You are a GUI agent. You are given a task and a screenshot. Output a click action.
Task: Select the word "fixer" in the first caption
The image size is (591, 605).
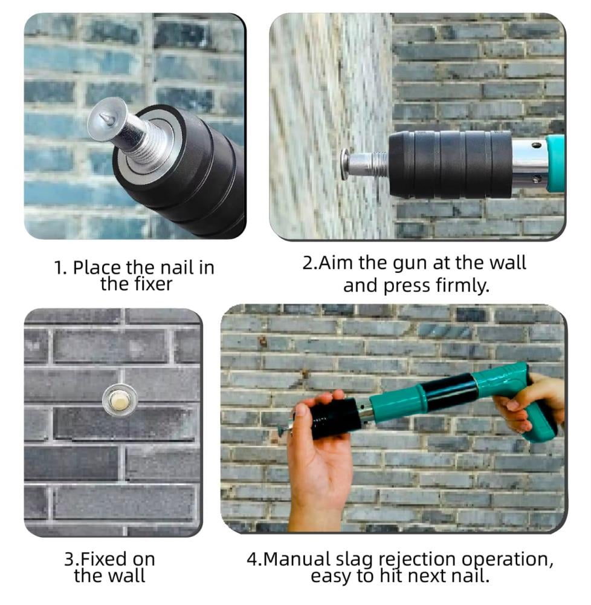153,284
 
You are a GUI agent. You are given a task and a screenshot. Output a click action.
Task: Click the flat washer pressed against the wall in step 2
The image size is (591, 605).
344,163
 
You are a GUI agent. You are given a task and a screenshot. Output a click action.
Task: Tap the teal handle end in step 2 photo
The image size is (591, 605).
555,163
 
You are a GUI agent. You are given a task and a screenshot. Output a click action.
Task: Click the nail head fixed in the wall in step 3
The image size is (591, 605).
120,400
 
